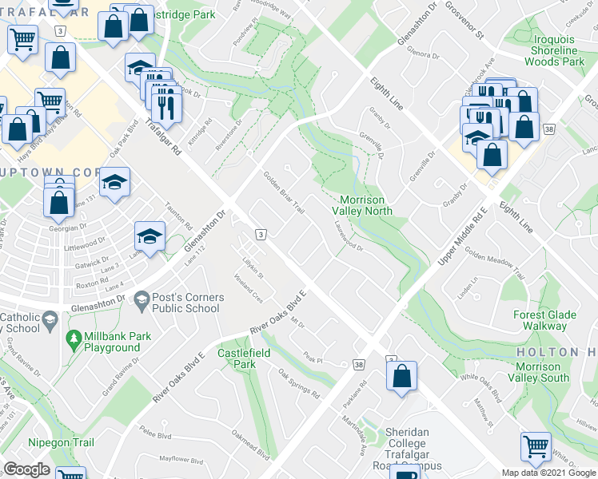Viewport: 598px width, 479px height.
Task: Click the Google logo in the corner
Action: click(x=26, y=469)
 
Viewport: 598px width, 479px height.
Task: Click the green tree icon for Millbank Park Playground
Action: click(x=74, y=338)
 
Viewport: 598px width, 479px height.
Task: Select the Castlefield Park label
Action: click(x=244, y=358)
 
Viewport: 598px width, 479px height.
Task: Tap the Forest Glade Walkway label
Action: click(x=552, y=320)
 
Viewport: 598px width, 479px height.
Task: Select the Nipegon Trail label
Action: click(x=60, y=442)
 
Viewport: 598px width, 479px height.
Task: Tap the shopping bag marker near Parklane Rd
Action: click(x=402, y=376)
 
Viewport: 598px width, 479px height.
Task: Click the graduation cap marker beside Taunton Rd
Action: click(x=149, y=236)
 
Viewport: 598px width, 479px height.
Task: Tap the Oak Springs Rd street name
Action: click(x=299, y=384)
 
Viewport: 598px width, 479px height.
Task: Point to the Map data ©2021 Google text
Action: click(x=548, y=473)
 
